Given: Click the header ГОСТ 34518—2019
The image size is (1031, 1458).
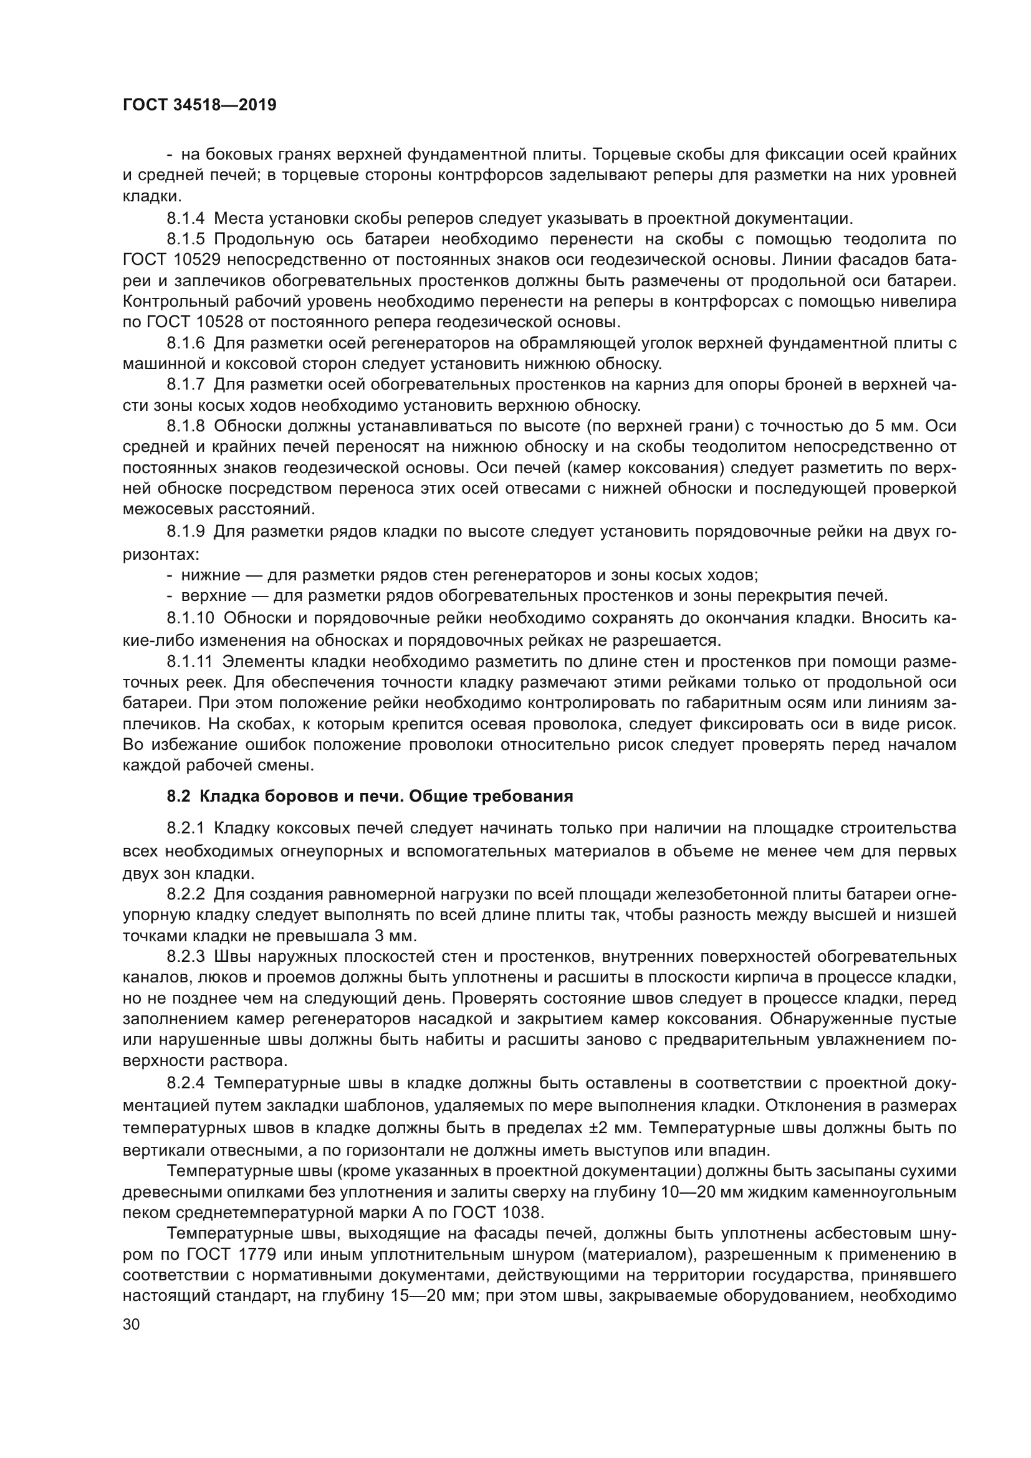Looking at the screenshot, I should (x=199, y=105).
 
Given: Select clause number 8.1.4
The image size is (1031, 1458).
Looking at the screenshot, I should (x=185, y=219).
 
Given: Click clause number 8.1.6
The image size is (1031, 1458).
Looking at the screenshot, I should (x=185, y=343).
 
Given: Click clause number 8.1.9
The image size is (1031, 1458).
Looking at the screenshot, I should (x=185, y=532).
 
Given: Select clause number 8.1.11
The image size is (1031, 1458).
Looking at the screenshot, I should (x=189, y=662).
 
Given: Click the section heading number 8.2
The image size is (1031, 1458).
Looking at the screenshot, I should (x=177, y=796).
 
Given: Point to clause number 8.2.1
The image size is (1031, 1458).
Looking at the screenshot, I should (x=185, y=828).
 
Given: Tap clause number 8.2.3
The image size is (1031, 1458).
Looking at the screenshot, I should (x=185, y=956).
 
